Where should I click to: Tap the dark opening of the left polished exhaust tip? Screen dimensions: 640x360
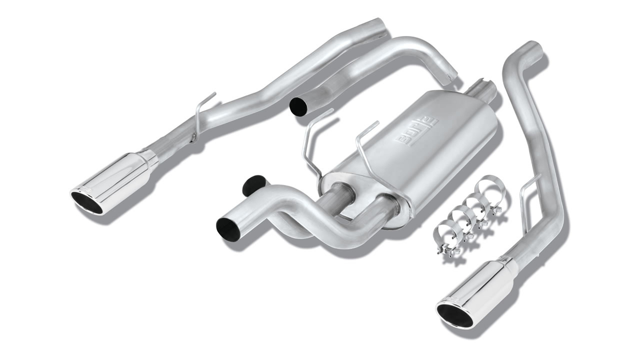tap(86, 203)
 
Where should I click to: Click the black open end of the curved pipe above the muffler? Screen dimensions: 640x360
tap(298, 107)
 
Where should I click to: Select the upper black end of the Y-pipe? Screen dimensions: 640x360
tap(253, 184)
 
